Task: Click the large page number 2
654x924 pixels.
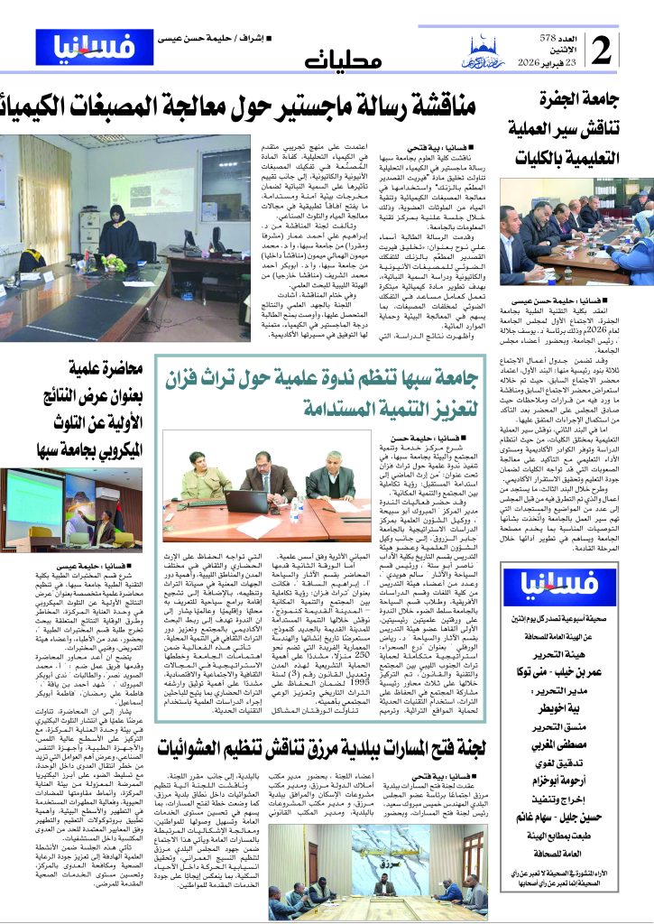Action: coord(627,51)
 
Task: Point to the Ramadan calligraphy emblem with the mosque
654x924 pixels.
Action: coord(484,55)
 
